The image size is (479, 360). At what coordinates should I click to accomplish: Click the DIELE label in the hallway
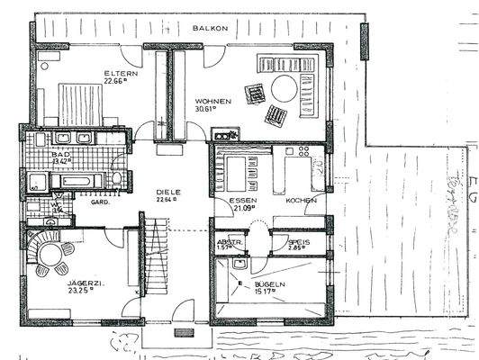(x=168, y=192)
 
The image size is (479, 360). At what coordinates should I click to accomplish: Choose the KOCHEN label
(x=301, y=201)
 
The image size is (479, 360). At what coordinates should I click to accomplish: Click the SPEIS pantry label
(x=299, y=242)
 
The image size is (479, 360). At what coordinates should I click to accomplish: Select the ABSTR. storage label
(x=228, y=242)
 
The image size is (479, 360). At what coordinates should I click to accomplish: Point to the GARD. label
(x=100, y=202)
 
